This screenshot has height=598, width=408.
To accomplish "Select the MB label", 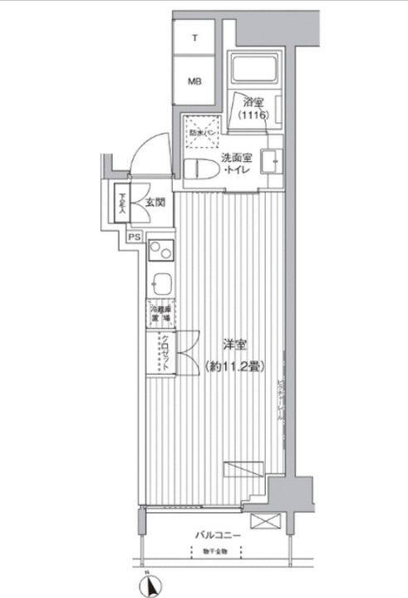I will click(x=194, y=81).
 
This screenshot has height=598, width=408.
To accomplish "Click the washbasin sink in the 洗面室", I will click(x=271, y=160).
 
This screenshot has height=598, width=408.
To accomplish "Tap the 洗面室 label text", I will click(x=238, y=157).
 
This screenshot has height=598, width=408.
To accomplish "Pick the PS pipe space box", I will click(x=134, y=236).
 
